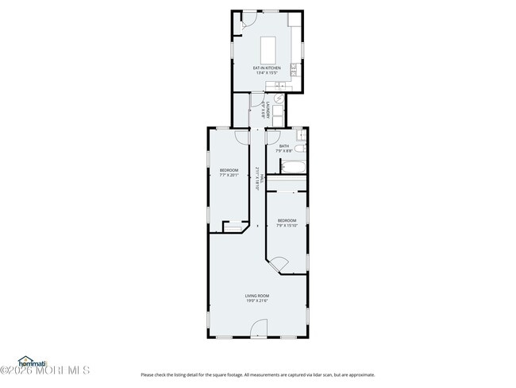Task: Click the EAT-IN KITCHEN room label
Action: point(267,68)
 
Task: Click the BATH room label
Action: point(283,145)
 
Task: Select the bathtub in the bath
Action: point(291,168)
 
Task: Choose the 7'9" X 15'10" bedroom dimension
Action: point(287,225)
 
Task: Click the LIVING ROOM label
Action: point(256,296)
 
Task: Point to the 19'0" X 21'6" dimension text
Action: point(256,301)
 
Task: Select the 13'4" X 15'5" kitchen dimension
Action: point(267,73)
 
